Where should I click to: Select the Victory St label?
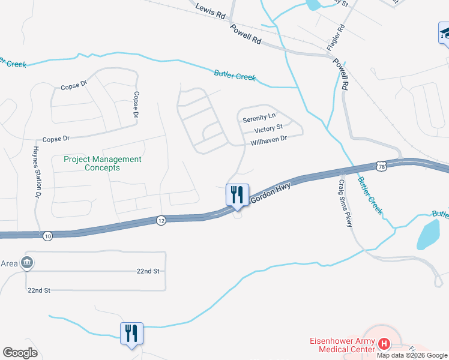pos(268,129)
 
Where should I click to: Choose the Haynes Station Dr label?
pos(37,173)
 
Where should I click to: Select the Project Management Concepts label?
pos(103,163)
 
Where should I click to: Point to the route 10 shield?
pos(48,236)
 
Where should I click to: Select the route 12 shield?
pos(161,220)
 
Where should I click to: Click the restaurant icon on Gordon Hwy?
pos(237,194)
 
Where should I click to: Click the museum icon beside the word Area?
pos(27,263)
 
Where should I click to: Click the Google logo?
pos(20,353)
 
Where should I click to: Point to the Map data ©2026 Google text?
pos(412,355)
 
